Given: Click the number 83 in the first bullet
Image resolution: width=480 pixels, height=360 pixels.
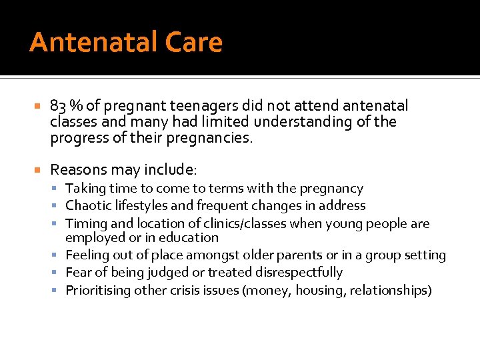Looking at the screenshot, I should coord(58,106).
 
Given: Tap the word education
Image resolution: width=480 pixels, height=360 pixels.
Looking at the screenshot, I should coord(190,238).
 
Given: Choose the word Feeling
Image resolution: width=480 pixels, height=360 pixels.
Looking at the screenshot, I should coord(87,255).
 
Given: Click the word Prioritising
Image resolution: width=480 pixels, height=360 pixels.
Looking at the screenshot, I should coord(97,290).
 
